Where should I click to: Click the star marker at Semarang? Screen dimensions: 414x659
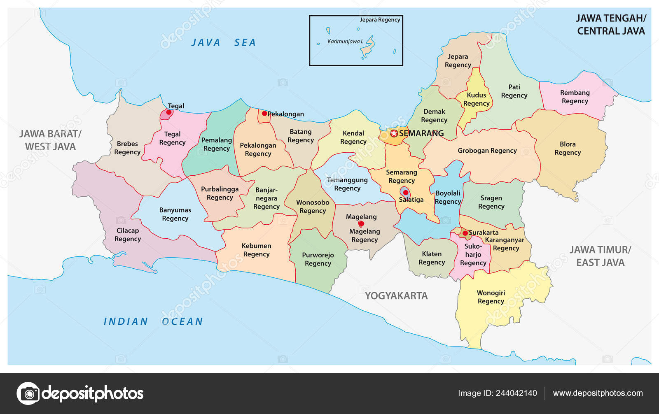394,133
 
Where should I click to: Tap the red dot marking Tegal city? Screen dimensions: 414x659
168,112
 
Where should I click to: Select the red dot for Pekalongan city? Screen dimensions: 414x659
264,114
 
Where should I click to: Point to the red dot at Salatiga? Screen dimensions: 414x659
405,193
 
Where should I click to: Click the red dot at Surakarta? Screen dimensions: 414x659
465,233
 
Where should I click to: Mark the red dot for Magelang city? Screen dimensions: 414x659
361,224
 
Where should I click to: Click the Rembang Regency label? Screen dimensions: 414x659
575,97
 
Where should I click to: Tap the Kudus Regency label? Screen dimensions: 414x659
476,99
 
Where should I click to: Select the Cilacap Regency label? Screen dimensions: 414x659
128,235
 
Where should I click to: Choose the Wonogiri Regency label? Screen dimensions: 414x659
491,297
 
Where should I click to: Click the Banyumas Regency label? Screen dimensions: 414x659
175,214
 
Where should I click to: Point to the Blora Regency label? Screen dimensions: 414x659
568,148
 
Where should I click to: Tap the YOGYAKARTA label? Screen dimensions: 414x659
396,295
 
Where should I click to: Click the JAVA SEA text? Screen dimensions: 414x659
223,42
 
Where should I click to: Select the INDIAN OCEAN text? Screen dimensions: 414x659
153,321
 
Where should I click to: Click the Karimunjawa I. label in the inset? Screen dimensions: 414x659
345,41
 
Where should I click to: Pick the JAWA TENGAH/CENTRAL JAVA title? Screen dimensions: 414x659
611,24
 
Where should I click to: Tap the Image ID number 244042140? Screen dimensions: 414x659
516,393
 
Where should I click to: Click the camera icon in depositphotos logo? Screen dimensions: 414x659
28,393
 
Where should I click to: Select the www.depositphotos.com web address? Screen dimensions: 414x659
598,393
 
